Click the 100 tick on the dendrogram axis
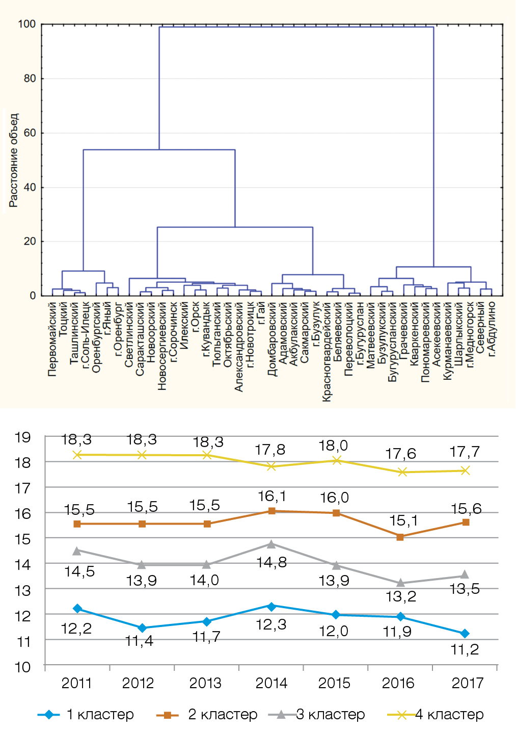27,24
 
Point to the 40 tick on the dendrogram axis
30,187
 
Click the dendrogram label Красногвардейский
327,352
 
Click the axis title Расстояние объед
13,160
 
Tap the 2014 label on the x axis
271,683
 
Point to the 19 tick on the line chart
23,437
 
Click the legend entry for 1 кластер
86,715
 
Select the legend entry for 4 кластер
436,715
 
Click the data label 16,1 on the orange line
272,496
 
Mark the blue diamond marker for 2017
465,633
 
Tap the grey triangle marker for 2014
271,544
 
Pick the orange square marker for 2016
400,537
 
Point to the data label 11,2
465,650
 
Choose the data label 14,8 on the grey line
271,563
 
